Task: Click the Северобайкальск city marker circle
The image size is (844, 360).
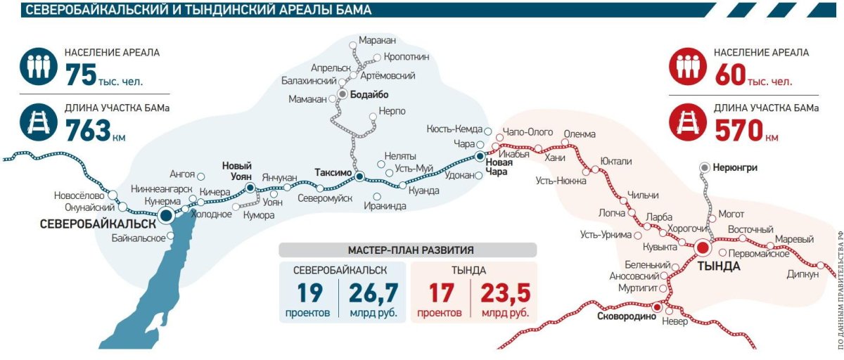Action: [x=166, y=216]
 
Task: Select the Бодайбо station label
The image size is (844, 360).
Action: [x=369, y=94]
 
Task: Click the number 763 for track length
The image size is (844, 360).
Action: [x=87, y=130]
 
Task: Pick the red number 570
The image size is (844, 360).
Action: [x=739, y=130]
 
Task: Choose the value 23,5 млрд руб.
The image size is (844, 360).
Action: [x=505, y=292]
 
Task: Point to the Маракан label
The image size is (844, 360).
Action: [x=378, y=41]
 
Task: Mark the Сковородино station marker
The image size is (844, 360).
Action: [x=657, y=307]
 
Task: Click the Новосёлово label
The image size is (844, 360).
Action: [x=79, y=195]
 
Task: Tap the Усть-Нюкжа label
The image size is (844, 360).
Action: [x=561, y=181]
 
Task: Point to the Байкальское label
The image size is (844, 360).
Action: [x=138, y=238]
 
